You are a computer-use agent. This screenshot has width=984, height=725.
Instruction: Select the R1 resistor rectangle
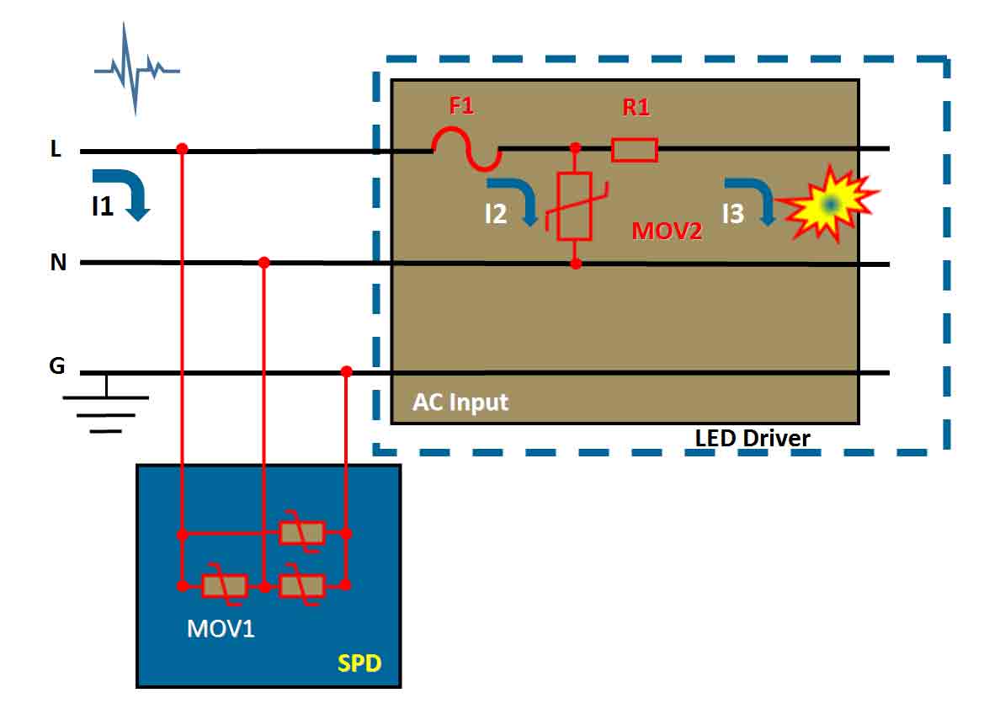[635, 150]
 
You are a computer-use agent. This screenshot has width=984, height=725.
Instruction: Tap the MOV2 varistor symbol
[575, 206]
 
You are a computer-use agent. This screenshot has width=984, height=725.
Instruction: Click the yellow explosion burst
[828, 204]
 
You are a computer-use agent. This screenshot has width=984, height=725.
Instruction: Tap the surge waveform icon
[136, 69]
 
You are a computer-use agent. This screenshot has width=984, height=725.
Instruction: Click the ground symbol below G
[106, 405]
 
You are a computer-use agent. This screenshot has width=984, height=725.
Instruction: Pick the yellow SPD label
[359, 664]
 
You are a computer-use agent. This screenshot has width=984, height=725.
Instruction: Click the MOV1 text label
[221, 628]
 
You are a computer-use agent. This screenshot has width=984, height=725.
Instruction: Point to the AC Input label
[460, 402]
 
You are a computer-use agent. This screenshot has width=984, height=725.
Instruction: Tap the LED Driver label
[753, 438]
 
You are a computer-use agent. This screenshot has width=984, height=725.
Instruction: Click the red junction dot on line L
[182, 149]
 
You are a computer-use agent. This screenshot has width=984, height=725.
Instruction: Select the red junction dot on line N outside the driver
[264, 262]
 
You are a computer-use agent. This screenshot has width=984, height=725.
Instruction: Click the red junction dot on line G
[347, 371]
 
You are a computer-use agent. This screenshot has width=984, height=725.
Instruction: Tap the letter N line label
[58, 262]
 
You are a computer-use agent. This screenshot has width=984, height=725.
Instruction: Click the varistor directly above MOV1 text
[225, 586]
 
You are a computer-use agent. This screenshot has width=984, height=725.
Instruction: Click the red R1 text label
[636, 107]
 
